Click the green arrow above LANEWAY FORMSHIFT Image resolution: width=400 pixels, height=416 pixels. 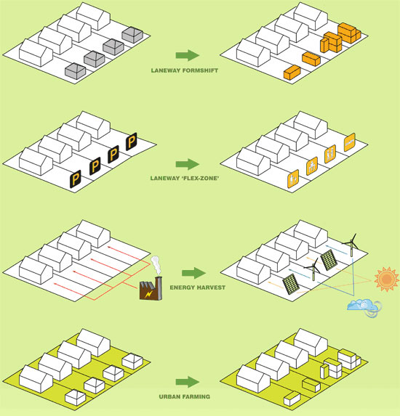coord(188,55)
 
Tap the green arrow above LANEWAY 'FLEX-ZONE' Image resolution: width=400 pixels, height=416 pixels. coord(188,164)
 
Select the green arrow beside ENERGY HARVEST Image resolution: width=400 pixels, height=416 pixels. coord(193,273)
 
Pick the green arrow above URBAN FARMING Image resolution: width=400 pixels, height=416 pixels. coord(188,383)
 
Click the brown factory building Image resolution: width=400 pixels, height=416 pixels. coord(151,288)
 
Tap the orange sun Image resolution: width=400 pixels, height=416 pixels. coord(387,279)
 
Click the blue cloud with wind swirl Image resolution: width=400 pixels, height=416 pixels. coord(364,307)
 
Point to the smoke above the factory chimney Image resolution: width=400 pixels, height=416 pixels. coord(156,265)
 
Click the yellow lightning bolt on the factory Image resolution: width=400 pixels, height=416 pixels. coord(149,293)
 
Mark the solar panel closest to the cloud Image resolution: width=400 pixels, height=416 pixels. coord(291,284)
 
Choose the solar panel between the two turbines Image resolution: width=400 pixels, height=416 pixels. coord(329,260)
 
